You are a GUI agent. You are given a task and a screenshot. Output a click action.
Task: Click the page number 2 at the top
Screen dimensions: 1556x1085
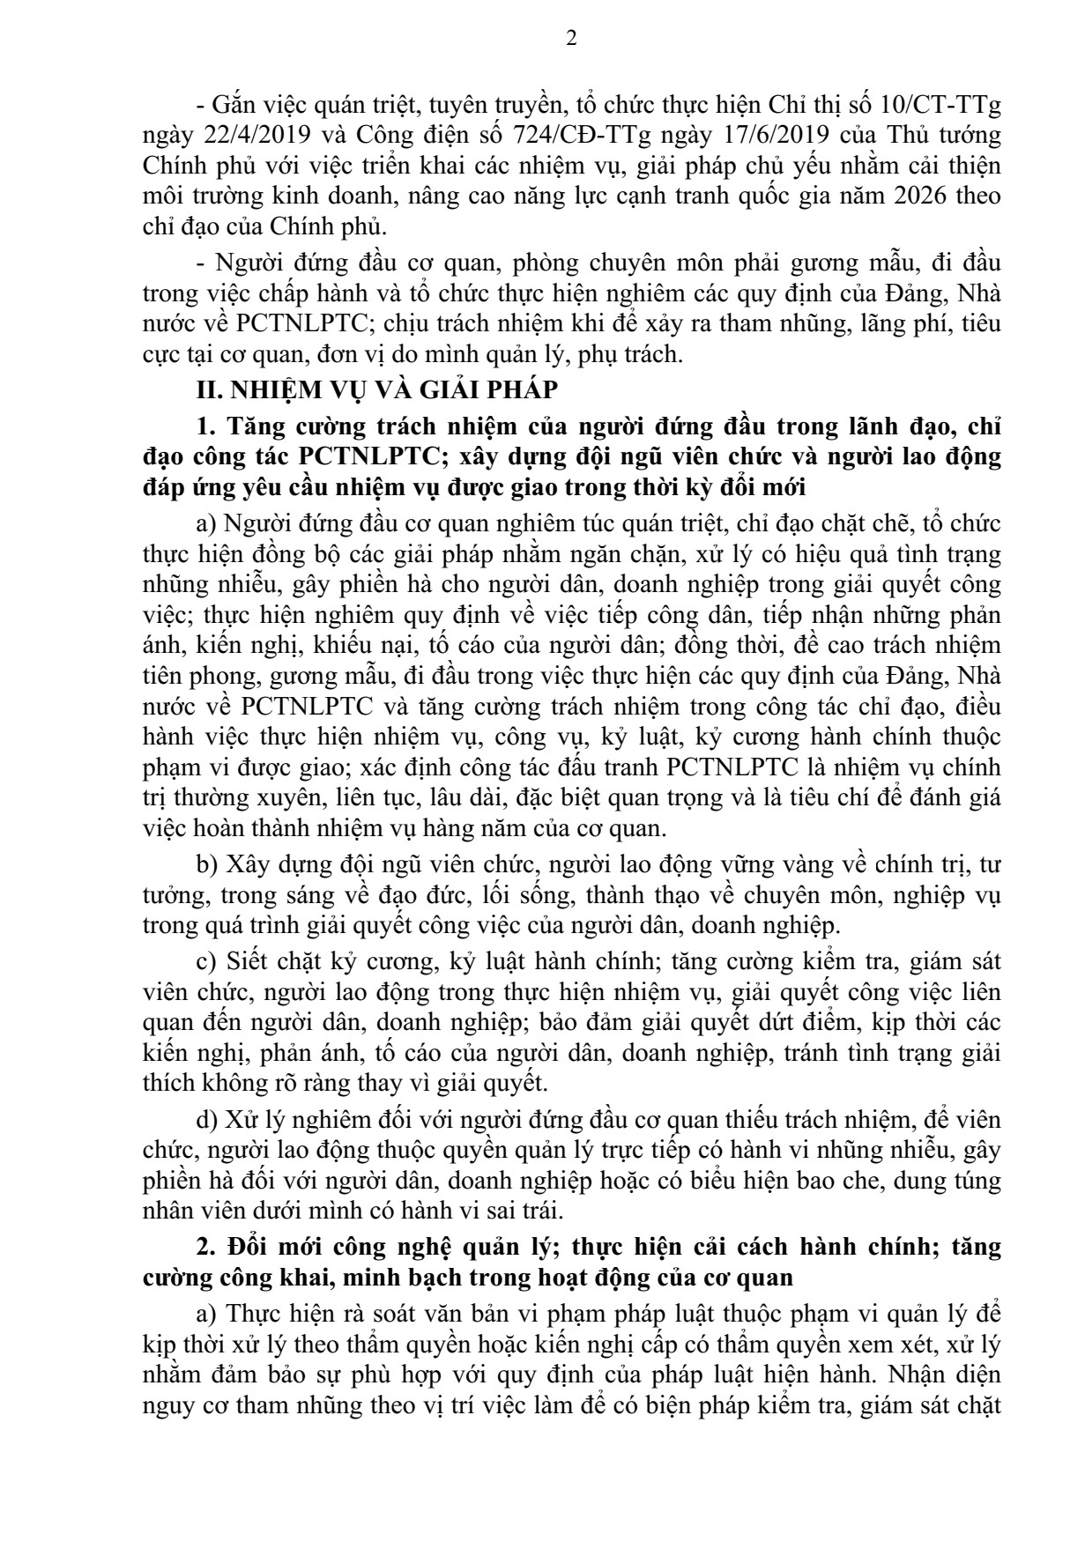coord(571,39)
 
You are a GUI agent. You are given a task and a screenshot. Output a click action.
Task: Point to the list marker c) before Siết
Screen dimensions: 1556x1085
coord(207,961)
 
